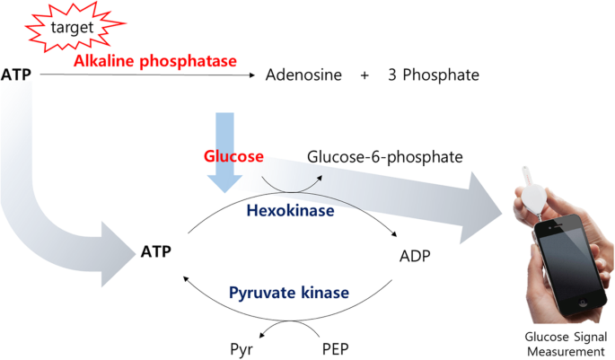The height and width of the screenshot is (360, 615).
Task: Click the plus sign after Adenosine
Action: tap(365, 75)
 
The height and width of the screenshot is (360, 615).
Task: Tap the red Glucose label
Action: tap(232, 156)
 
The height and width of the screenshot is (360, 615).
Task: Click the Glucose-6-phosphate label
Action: tap(384, 157)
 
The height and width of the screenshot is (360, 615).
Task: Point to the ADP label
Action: tap(415, 256)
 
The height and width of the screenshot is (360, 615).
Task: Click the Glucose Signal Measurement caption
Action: tap(562, 343)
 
